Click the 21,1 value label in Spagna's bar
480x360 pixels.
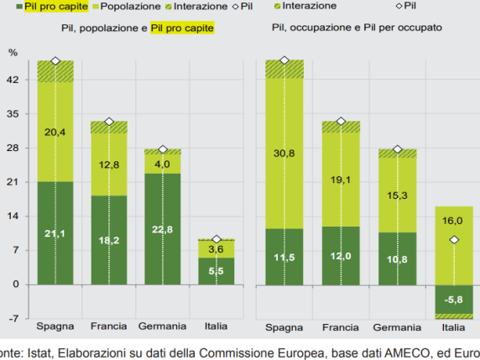55,233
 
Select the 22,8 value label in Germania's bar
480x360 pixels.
163,231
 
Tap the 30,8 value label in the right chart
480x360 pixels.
284,154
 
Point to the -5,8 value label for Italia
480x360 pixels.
452,299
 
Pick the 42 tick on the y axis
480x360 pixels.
14,81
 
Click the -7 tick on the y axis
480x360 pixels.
14,319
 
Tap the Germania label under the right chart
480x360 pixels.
398,326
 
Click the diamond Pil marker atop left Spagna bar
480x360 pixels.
55,61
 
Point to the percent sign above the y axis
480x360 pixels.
13,53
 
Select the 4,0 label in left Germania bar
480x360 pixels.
163,164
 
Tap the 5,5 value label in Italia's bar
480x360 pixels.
217,271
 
